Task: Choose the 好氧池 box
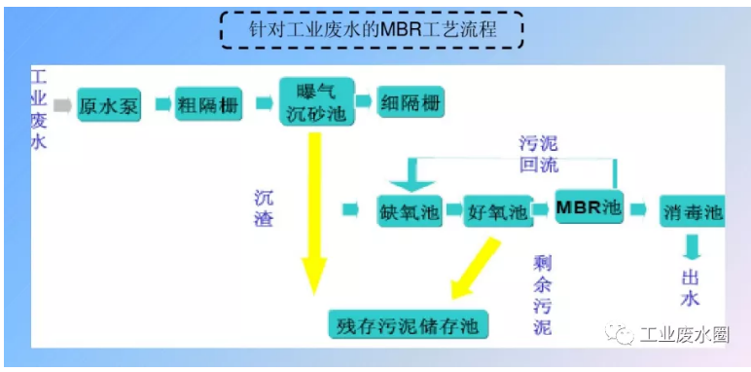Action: [x=497, y=211]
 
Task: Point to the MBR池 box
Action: [x=588, y=207]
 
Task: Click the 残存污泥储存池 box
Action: [x=408, y=323]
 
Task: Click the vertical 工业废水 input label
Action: [x=39, y=109]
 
